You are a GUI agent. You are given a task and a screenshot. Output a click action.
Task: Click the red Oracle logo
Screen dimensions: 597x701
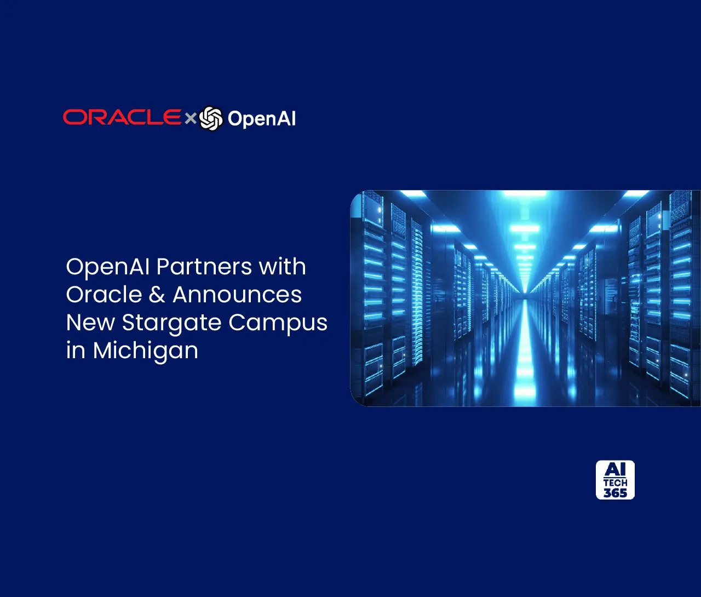tap(122, 117)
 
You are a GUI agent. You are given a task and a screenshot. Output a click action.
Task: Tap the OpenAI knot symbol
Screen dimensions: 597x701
tap(211, 118)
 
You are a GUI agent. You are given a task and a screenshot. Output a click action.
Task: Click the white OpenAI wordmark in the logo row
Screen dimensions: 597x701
tap(262, 118)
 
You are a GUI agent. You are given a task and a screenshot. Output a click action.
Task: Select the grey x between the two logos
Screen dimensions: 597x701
tap(190, 118)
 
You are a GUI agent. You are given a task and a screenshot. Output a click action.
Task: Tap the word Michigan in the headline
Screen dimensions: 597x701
tap(145, 351)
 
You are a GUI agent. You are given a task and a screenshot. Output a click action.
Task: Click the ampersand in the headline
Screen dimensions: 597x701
tap(157, 295)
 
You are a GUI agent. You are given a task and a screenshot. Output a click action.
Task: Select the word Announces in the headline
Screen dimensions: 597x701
tap(237, 295)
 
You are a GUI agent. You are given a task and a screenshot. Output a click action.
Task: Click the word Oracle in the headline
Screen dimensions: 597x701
tap(104, 295)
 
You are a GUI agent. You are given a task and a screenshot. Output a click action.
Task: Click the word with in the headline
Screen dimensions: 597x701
tap(282, 267)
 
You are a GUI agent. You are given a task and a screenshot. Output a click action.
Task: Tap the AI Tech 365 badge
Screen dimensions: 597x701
tap(615, 480)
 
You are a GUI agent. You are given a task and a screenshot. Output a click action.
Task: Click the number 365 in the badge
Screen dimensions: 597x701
tap(615, 493)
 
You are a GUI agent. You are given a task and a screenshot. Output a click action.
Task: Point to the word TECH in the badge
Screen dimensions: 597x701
tap(615, 483)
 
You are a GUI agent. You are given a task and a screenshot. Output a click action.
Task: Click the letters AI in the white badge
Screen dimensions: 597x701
tap(615, 470)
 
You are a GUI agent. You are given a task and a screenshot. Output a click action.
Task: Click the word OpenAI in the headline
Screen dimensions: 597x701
tap(108, 267)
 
